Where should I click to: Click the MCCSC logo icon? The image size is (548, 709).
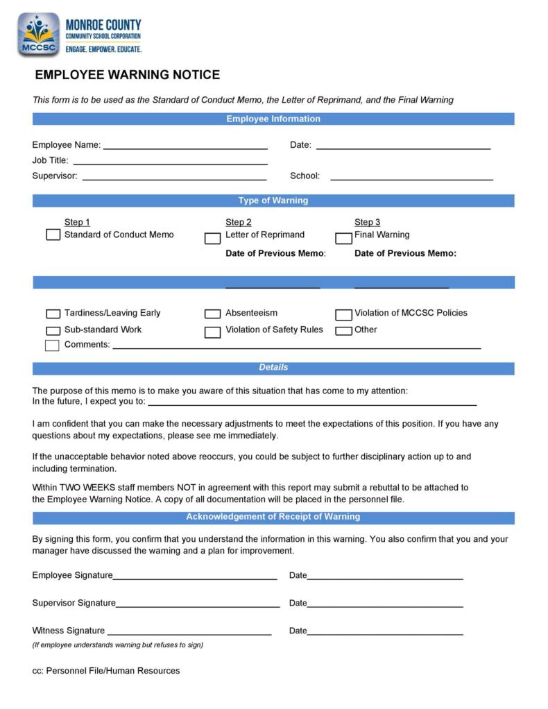(x=39, y=35)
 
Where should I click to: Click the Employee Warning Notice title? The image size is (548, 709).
(x=127, y=75)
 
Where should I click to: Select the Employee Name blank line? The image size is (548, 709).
(x=185, y=147)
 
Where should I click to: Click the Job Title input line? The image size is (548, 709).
(x=170, y=162)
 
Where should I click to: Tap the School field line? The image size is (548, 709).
(x=411, y=178)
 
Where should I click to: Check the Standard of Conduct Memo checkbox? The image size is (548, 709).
(x=53, y=235)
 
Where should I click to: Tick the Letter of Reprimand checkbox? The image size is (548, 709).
(x=212, y=239)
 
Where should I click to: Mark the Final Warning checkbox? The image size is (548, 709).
(x=343, y=239)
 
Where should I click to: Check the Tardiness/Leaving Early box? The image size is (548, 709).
(x=53, y=314)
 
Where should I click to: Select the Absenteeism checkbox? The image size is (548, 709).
(x=212, y=314)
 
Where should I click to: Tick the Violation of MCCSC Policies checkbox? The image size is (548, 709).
(x=343, y=315)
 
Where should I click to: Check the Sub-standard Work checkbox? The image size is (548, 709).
(x=53, y=331)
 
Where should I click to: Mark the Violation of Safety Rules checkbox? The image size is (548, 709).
(x=212, y=332)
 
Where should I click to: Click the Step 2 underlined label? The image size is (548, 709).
(x=238, y=223)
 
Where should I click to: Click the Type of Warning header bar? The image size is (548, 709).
(x=273, y=201)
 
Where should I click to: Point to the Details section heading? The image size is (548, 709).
(x=273, y=368)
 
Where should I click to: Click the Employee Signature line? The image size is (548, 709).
(x=195, y=577)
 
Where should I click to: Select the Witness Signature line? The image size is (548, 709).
(x=189, y=633)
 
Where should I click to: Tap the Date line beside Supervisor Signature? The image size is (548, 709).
(x=385, y=605)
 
